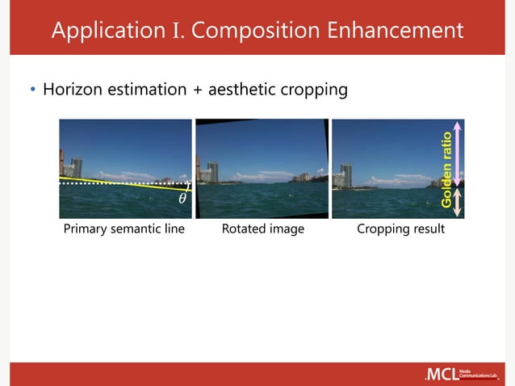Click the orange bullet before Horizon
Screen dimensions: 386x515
[x=32, y=90]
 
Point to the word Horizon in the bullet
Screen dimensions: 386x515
[x=73, y=89]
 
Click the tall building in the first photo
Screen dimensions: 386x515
[x=75, y=167]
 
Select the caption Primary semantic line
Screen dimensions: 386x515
[x=124, y=229]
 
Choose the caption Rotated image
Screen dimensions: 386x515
[x=262, y=229]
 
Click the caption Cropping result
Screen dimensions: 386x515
[x=401, y=229]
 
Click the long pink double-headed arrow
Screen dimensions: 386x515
[x=458, y=153]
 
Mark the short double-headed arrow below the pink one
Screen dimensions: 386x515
[x=458, y=202]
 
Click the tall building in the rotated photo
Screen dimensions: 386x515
[x=212, y=171]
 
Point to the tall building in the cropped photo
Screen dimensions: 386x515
[x=346, y=174]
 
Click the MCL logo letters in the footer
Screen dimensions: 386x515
[x=441, y=374]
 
